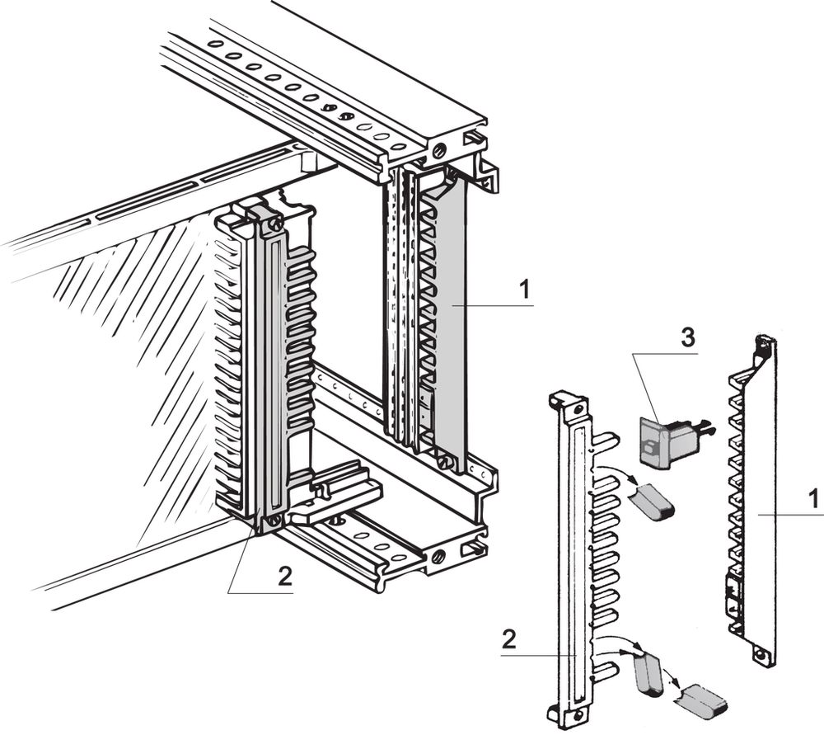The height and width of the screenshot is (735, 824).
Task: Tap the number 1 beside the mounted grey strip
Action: tap(523, 290)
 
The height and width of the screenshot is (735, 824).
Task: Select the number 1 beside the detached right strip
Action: tap(812, 499)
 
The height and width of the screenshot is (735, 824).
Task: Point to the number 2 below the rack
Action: tap(285, 577)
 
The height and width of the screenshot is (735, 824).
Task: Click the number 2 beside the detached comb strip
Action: tap(512, 639)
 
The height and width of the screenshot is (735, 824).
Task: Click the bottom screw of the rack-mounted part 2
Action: tap(274, 521)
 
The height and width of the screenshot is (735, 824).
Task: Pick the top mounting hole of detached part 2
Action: tap(574, 408)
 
